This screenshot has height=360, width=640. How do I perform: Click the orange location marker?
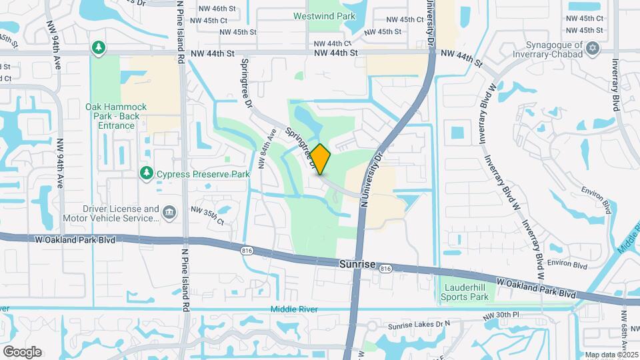pos(320,159)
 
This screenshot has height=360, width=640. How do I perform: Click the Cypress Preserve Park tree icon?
pos(147,174)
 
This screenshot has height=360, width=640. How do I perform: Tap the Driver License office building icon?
pos(169,213)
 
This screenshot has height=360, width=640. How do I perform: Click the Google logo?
pos(22,351)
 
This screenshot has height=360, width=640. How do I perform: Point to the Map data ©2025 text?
pos(611,355)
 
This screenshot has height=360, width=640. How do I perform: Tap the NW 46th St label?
pos(218,9)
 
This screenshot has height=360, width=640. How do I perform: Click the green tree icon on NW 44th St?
pos(99,47)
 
